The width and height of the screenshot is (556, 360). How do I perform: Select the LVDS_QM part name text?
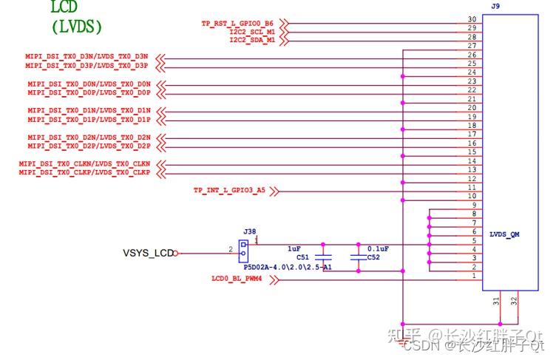tap(504, 234)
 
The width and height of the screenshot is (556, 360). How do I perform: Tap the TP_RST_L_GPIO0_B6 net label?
tap(238, 24)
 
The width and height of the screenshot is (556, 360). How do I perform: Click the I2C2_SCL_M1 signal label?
tap(252, 33)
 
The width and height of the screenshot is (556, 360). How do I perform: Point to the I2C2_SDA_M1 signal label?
tap(252, 41)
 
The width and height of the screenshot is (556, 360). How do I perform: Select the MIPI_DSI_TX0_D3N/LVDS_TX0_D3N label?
tap(88, 57)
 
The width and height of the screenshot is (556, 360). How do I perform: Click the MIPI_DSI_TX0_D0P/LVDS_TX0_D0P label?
tap(89, 93)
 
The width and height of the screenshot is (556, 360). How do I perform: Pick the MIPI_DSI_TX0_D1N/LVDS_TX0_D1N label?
tap(89, 111)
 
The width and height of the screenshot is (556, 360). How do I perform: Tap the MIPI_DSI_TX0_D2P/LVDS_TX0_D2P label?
tap(89, 146)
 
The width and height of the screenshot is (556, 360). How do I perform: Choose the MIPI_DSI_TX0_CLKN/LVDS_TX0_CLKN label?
tap(85, 163)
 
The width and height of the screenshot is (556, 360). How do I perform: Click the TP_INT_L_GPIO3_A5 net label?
tap(229, 191)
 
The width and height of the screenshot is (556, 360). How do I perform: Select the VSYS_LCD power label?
tap(148, 253)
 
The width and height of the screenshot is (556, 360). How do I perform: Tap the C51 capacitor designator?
tap(303, 258)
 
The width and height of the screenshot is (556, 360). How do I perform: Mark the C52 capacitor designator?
tap(373, 258)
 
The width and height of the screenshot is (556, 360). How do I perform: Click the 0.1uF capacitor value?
tap(379, 248)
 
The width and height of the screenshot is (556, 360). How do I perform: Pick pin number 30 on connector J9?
tap(472, 19)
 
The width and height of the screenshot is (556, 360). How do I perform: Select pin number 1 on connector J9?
tap(473, 276)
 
